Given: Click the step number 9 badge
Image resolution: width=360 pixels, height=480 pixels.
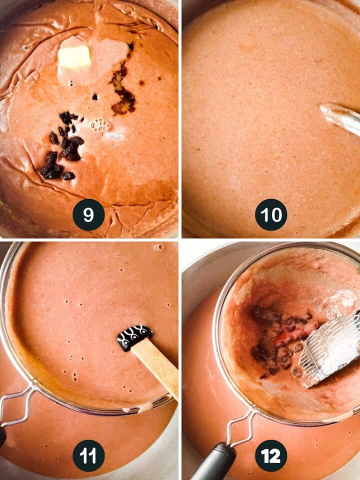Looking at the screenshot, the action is coord(88,214).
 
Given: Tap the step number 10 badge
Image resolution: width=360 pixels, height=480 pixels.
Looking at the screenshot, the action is coord(271,214).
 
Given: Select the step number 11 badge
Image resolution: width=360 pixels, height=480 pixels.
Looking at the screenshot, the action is coord(88,456).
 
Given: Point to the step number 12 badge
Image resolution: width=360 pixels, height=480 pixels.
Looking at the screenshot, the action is coord(271,456).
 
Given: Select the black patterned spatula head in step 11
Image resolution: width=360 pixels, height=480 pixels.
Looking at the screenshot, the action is coord(134,337).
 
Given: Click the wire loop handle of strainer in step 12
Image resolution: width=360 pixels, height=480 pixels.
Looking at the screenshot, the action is coord(241,427).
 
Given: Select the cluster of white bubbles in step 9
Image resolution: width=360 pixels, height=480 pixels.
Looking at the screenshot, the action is coord(100,125).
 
